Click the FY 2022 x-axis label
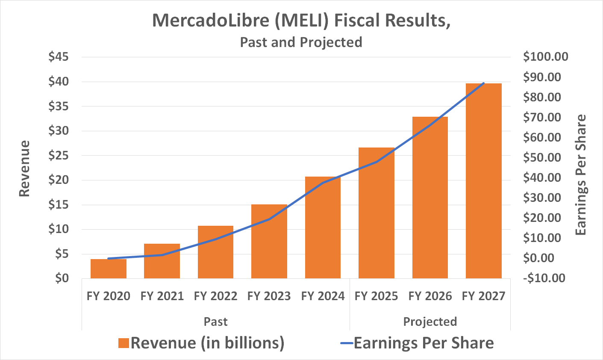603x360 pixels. (215, 296)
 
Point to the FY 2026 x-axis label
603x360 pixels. (430, 296)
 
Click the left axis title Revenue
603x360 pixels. (25, 168)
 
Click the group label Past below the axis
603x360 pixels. (215, 322)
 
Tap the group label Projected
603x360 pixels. (430, 322)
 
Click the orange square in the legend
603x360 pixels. (124, 343)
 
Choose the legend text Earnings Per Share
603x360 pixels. (424, 343)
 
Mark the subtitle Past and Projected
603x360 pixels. (301, 42)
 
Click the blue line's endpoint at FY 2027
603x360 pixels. (484, 83)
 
